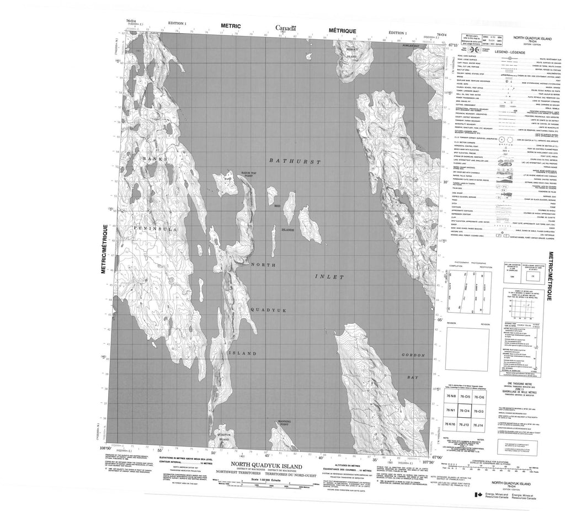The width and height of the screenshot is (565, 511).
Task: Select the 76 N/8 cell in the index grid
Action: (452, 398)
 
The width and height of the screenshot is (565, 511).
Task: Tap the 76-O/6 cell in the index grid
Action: (483, 398)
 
